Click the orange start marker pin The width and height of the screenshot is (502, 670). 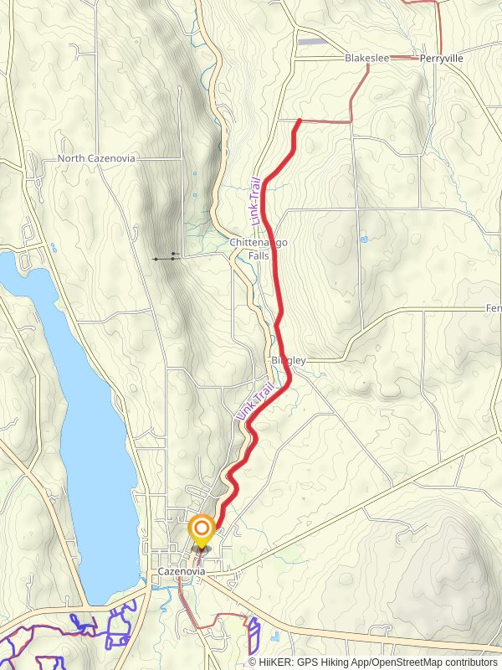click(x=202, y=529)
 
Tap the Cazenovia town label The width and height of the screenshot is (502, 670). click(x=182, y=571)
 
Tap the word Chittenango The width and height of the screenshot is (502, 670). click(x=259, y=243)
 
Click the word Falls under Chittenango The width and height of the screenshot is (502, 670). click(x=259, y=255)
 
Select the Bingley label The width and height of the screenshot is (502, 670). click(x=289, y=360)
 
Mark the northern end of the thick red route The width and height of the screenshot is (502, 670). click(x=300, y=121)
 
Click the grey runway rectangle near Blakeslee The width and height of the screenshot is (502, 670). click(x=311, y=41)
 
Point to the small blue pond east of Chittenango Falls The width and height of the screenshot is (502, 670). click(x=363, y=240)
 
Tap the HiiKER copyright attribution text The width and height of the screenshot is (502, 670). click(x=373, y=662)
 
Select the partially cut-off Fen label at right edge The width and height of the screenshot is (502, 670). click(x=494, y=309)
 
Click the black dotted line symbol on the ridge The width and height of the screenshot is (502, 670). click(x=166, y=258)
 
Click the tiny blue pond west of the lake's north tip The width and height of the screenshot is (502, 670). click(x=53, y=248)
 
